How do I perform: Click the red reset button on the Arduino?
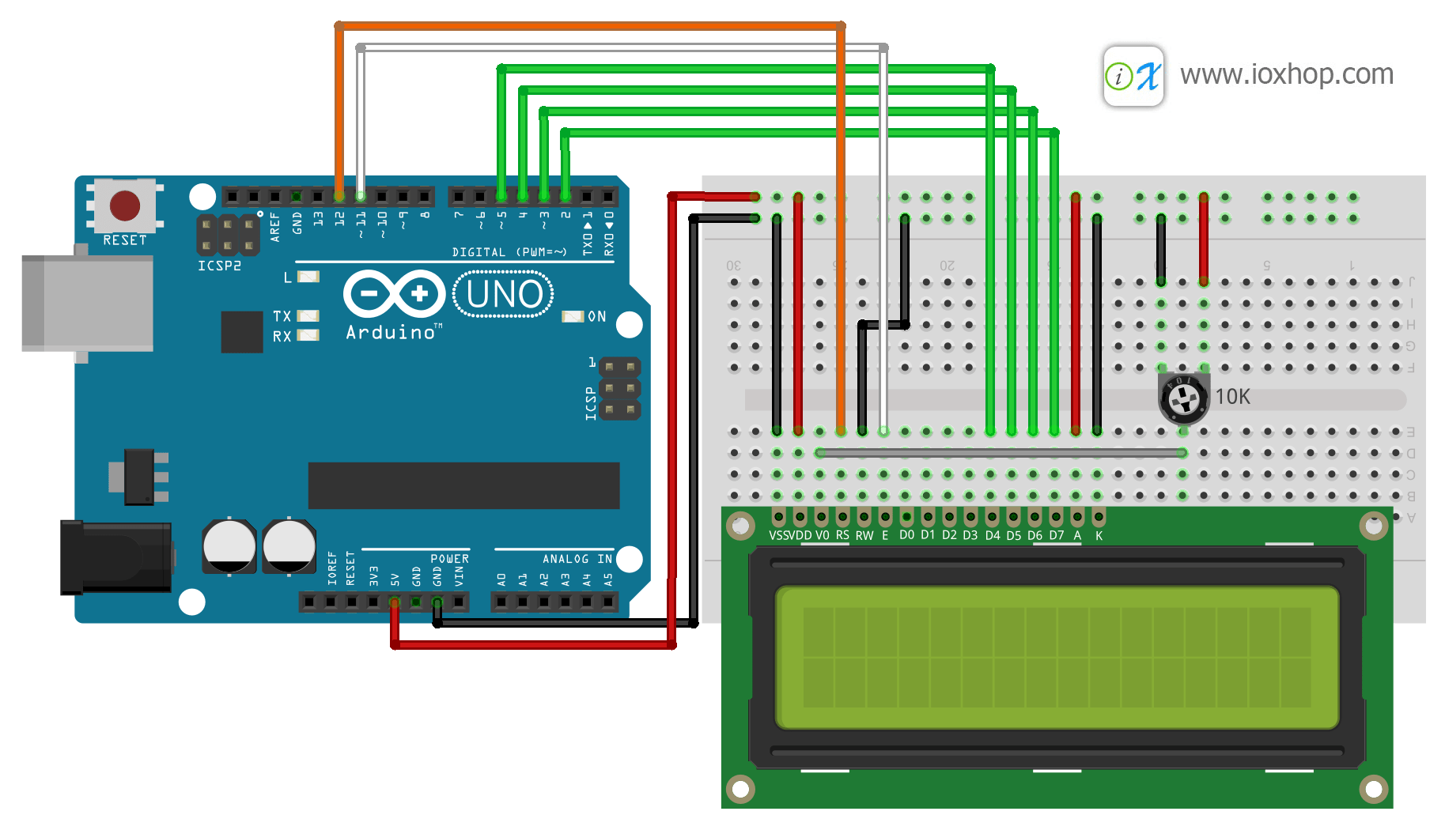(x=125, y=206)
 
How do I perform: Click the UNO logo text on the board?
(x=504, y=294)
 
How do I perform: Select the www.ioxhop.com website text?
(x=1286, y=74)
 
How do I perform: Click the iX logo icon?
(x=1133, y=76)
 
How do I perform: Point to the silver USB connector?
(x=87, y=303)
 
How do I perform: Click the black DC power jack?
(x=116, y=556)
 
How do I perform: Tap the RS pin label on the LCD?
(x=842, y=536)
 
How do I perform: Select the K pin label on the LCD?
(x=1099, y=536)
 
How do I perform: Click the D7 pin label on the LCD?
(x=1056, y=536)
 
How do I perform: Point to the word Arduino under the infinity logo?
(x=392, y=333)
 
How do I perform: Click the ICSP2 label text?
(x=219, y=266)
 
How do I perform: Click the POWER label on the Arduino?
(x=449, y=559)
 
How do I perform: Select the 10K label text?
(x=1232, y=397)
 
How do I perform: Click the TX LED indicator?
(x=308, y=316)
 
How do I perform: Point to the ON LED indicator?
(x=572, y=316)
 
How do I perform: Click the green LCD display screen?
(x=1057, y=657)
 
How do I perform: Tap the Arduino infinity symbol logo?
(x=394, y=294)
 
